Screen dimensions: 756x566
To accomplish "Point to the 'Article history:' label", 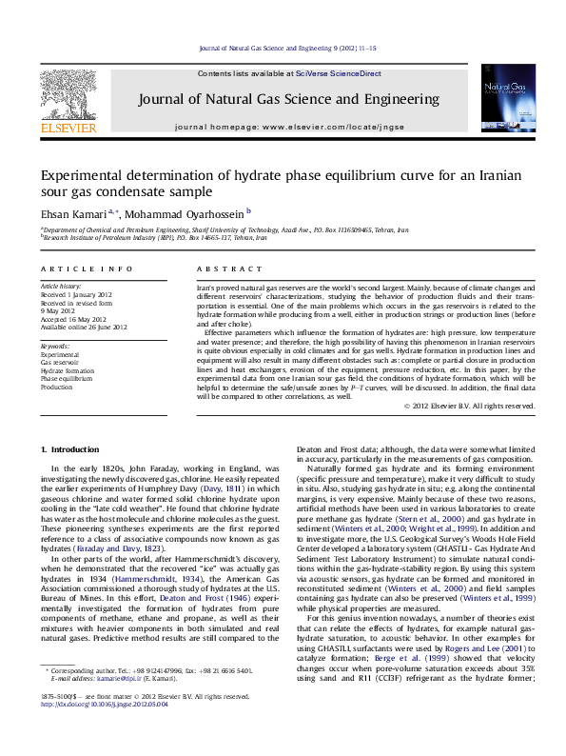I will click(x=61, y=286).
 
